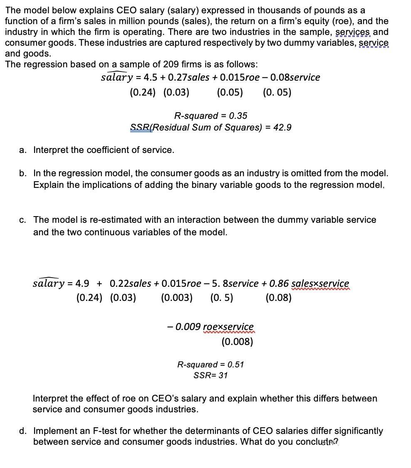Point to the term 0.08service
click(x=295, y=77)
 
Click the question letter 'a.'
click(x=23, y=150)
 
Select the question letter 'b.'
click(x=23, y=173)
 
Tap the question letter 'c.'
click(x=23, y=220)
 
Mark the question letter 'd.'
click(x=23, y=431)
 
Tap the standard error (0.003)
click(x=176, y=298)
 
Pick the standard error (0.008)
click(x=237, y=342)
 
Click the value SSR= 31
click(x=210, y=375)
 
